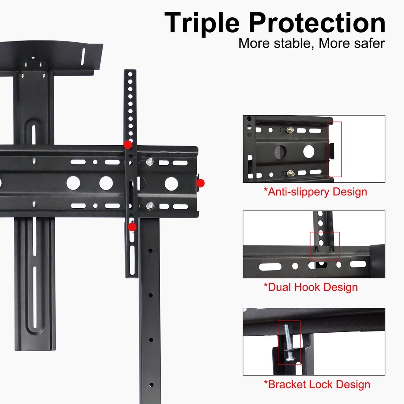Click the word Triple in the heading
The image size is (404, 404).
coord(202,23)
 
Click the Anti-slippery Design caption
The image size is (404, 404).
coord(315,192)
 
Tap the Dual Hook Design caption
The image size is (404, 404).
coord(311,287)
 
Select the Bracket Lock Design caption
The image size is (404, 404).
coord(317,384)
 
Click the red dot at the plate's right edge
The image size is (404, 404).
coord(200,183)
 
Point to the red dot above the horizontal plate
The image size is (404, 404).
coord(128,144)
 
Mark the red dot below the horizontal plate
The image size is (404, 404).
coord(132,227)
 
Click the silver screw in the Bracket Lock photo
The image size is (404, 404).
coord(288,342)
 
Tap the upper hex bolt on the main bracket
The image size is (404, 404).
coord(150,161)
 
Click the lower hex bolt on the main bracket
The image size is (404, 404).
coord(150,206)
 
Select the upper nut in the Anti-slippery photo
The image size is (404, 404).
coord(290,130)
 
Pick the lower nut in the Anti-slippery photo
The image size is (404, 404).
coord(291,174)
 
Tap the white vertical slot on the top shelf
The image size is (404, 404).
coord(83,56)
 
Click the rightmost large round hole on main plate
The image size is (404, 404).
coord(171,183)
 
